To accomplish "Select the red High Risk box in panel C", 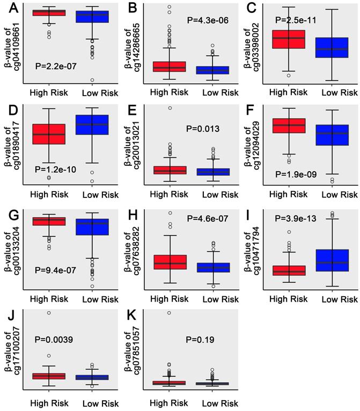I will click(x=289, y=39).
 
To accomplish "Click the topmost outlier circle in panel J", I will click(x=49, y=312).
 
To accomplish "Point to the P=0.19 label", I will click(x=201, y=339).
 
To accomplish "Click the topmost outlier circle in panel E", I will click(x=170, y=108).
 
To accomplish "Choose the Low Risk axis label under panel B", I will click(x=221, y=92).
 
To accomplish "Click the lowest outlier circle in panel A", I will click(x=92, y=80).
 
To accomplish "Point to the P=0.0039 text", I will click(x=54, y=339).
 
